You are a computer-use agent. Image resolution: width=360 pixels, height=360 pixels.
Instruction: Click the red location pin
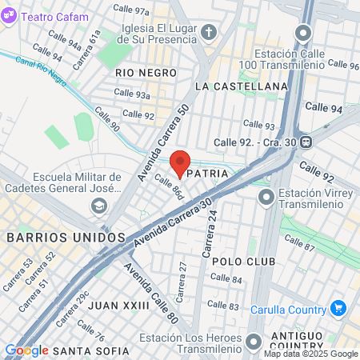click(x=180, y=163)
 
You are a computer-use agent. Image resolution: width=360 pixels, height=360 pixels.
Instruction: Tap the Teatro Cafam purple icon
click(x=10, y=16)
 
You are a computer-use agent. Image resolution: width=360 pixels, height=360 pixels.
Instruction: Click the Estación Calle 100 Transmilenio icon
click(x=302, y=33)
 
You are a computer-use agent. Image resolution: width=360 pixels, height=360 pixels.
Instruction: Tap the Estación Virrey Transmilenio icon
click(x=265, y=195)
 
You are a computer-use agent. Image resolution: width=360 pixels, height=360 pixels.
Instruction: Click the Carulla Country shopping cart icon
click(x=338, y=308)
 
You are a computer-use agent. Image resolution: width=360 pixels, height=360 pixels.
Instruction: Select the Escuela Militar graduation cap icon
click(x=99, y=206)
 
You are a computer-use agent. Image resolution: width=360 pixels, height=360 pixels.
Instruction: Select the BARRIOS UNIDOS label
click(x=66, y=238)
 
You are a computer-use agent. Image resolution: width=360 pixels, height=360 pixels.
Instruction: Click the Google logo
click(x=26, y=350)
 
